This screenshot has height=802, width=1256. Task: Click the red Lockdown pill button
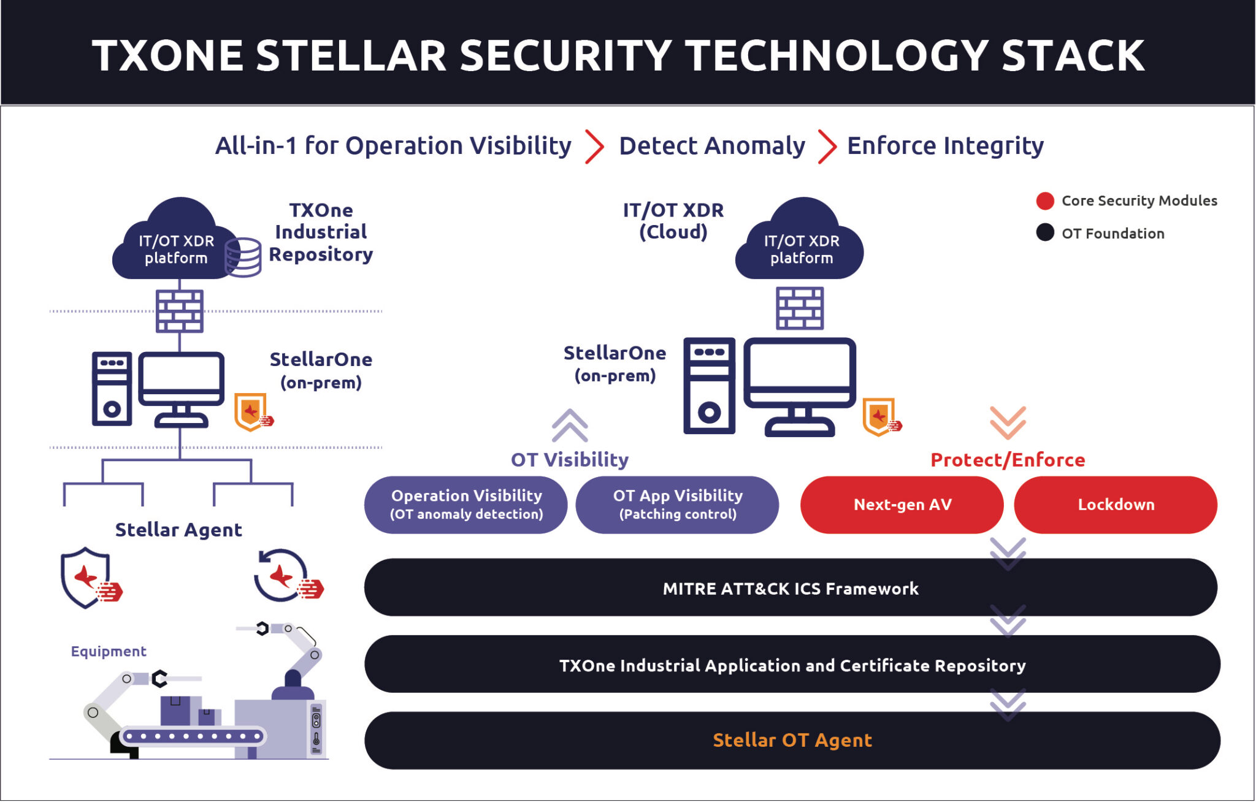(1115, 505)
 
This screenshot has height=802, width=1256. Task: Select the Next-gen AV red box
(902, 505)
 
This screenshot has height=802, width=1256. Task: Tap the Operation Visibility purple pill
(466, 505)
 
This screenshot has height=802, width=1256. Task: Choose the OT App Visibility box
(677, 505)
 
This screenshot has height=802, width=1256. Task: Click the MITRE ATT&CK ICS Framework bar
(790, 588)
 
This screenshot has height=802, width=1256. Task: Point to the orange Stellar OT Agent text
(792, 740)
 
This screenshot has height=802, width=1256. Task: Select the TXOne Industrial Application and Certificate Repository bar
(792, 665)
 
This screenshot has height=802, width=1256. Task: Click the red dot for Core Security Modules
(1045, 201)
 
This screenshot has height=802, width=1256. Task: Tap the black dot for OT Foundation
(1045, 233)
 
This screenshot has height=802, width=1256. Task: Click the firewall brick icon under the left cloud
(180, 311)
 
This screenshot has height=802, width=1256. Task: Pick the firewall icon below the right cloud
(800, 308)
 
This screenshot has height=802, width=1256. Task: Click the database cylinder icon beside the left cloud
(243, 258)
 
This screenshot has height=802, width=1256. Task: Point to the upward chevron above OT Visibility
(570, 425)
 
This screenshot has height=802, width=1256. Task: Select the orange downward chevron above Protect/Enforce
(1008, 422)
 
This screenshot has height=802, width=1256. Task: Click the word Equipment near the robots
(109, 651)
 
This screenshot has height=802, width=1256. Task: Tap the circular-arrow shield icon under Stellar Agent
(283, 576)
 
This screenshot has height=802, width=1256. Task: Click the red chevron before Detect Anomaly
(594, 147)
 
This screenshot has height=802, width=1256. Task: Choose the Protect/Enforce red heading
(1008, 460)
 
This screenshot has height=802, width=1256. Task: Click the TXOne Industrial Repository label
(321, 232)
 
